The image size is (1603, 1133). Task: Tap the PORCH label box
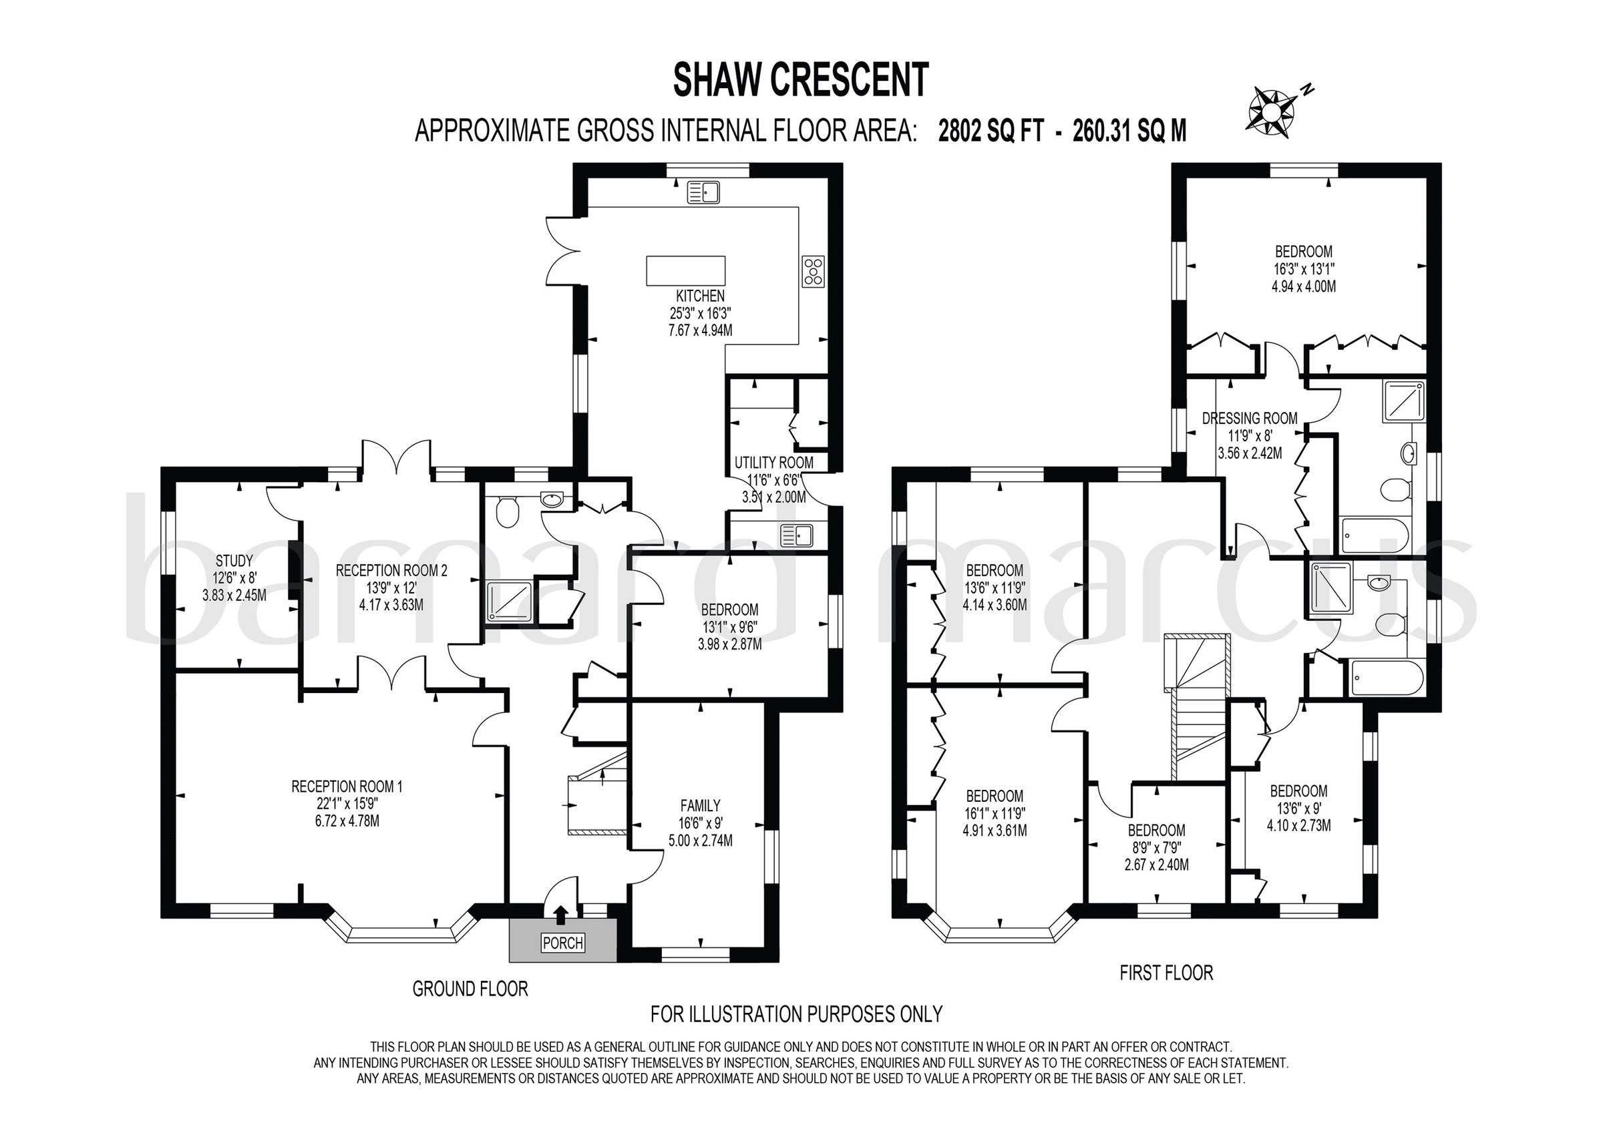[563, 943]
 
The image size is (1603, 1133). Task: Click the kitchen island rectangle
[685, 271]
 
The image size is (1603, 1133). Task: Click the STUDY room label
[234, 561]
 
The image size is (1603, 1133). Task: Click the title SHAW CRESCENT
[801, 79]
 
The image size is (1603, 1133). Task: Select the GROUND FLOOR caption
[470, 989]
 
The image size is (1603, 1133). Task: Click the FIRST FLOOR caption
[1166, 973]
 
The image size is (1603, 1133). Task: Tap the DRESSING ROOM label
[1250, 418]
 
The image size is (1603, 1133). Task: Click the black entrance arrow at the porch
[560, 915]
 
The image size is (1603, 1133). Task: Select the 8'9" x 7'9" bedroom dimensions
[1156, 847]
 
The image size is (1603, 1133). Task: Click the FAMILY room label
[700, 805]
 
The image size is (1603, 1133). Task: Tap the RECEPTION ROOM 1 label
[347, 786]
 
